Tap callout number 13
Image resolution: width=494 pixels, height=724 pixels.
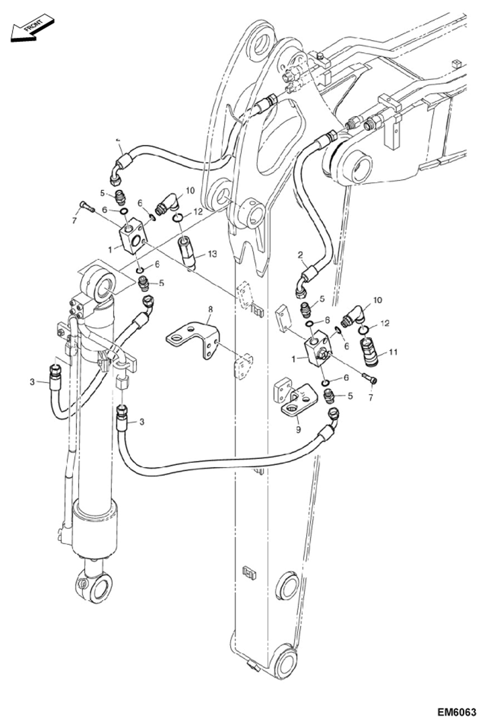(x=212, y=254)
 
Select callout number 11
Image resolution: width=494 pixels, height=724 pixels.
(x=393, y=352)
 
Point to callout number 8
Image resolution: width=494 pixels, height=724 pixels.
(x=210, y=309)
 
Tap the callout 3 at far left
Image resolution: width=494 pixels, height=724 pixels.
(x=32, y=382)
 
